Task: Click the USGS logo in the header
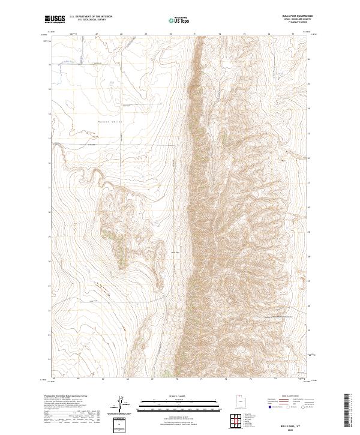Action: [x=57, y=19]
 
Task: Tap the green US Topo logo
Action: [x=180, y=20]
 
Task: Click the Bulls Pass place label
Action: [x=176, y=252]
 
